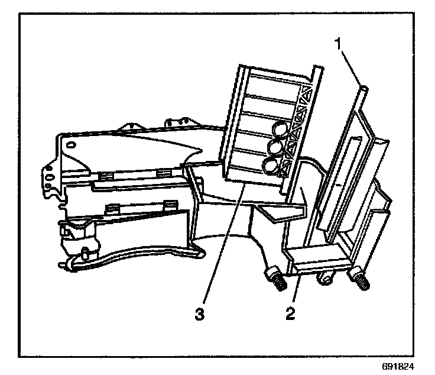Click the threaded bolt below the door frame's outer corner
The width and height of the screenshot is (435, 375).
pyautogui.click(x=361, y=279)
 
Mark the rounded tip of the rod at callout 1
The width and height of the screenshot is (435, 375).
pyautogui.click(x=365, y=89)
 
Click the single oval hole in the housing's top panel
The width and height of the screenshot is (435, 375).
pyautogui.click(x=72, y=144)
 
